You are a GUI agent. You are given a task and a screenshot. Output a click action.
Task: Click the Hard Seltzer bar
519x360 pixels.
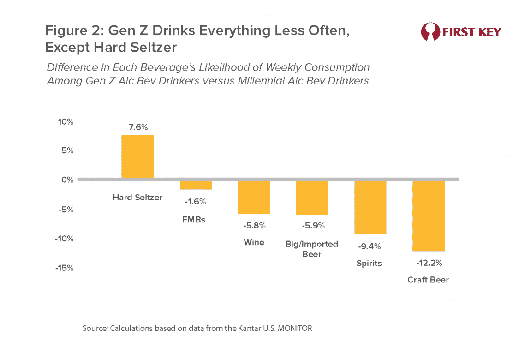pyautogui.click(x=137, y=156)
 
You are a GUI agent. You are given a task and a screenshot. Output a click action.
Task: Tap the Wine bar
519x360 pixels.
pyautogui.click(x=254, y=198)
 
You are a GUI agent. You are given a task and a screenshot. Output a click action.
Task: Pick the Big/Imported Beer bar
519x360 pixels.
pyautogui.click(x=312, y=198)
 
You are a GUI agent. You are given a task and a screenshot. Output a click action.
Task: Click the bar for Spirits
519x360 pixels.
pyautogui.click(x=370, y=208)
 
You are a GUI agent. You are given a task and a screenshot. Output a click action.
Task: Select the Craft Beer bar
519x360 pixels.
pyautogui.click(x=428, y=216)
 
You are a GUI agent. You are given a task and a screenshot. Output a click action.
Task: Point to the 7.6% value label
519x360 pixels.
pyautogui.click(x=138, y=127)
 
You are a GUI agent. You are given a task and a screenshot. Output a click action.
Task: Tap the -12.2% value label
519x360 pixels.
pyautogui.click(x=429, y=264)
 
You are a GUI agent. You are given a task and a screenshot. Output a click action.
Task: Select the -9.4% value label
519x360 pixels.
pyautogui.click(x=370, y=246)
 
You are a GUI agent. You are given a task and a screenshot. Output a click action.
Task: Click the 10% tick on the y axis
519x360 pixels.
pyautogui.click(x=65, y=122)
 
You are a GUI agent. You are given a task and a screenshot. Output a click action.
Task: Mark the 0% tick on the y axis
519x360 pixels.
pyautogui.click(x=67, y=180)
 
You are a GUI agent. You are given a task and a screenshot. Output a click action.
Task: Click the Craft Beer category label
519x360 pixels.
pyautogui.click(x=428, y=280)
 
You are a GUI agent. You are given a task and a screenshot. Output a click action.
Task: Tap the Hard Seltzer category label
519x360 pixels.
pyautogui.click(x=137, y=198)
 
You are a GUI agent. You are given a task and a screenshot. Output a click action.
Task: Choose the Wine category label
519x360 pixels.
pyautogui.click(x=254, y=242)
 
